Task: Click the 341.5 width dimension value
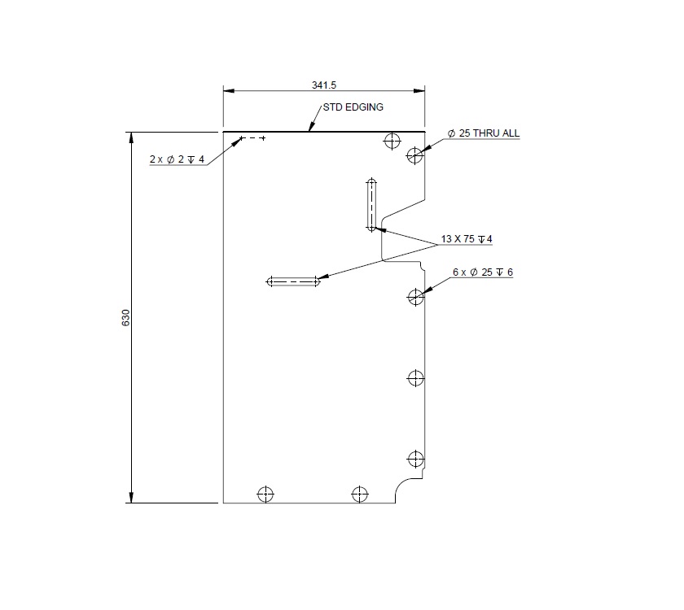[324, 85]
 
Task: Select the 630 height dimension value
[125, 317]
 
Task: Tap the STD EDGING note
[353, 107]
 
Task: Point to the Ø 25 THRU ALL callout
[484, 133]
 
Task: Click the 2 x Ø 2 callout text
[177, 159]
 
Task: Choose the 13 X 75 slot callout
[467, 239]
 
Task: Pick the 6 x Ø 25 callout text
[482, 272]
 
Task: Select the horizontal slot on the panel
[293, 281]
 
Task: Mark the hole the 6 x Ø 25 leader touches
[416, 297]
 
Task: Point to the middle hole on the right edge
[416, 378]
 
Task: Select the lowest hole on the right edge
[416, 459]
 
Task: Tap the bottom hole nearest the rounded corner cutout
[359, 494]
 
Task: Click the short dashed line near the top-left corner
[254, 139]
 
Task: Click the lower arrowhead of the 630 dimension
[130, 497]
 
